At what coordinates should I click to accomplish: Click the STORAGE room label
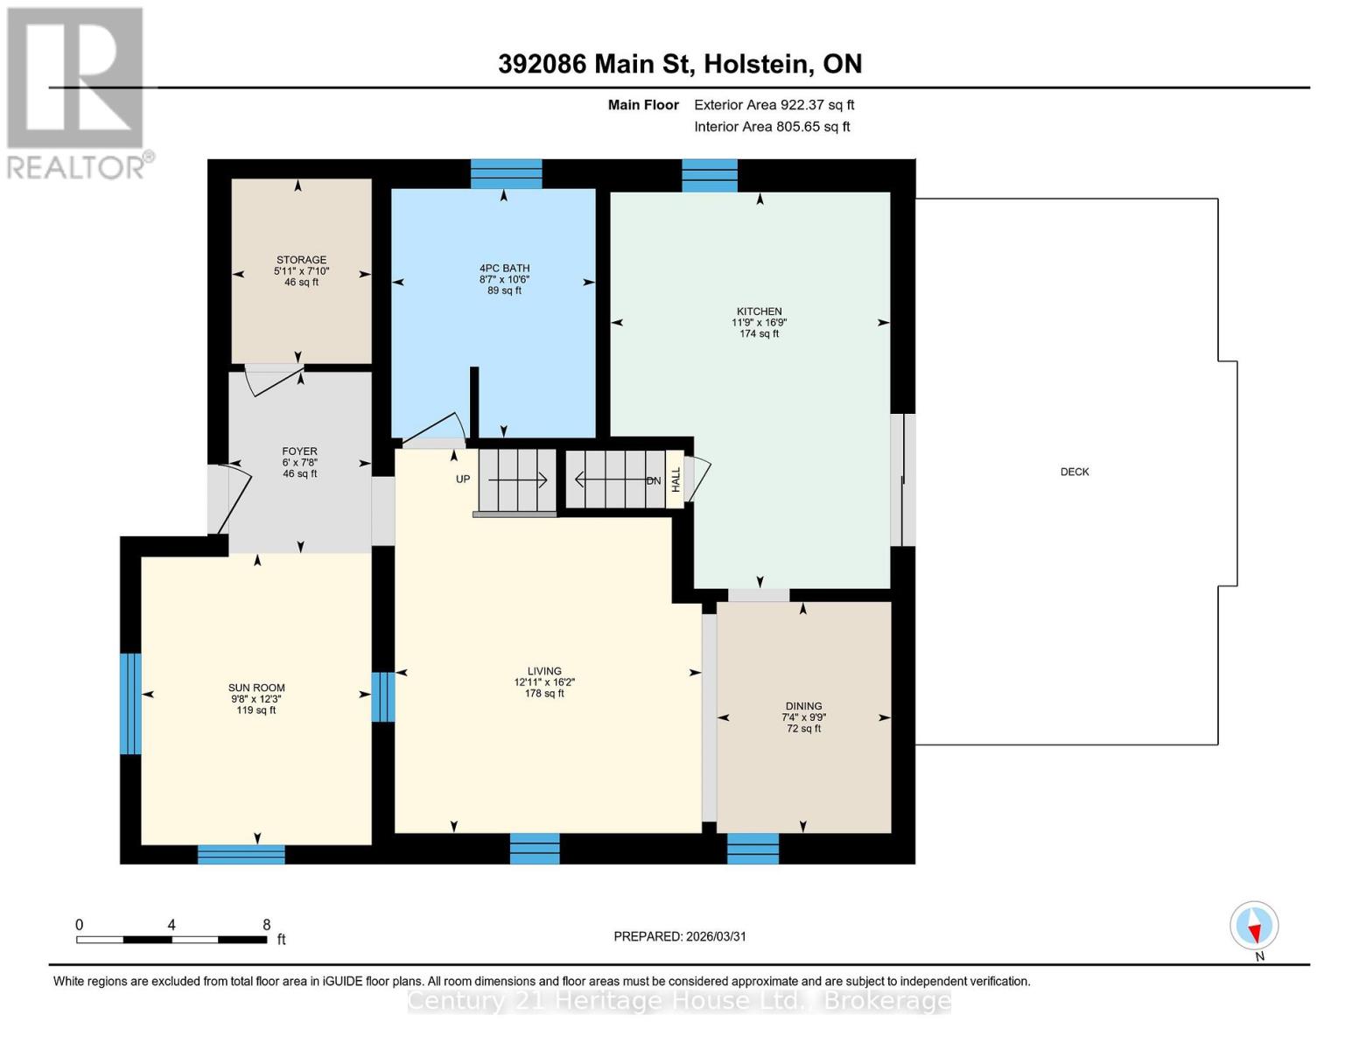(x=301, y=260)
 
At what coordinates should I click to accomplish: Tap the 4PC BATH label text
(x=504, y=269)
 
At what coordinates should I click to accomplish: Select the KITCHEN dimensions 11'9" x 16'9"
(x=759, y=323)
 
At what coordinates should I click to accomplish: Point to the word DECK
(x=1075, y=472)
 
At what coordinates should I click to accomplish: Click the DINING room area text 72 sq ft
(x=803, y=729)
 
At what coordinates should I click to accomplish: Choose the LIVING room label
(x=543, y=671)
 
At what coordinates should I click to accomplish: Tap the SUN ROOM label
(x=256, y=688)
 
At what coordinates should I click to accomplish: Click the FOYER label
(x=299, y=451)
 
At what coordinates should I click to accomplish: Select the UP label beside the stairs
(x=463, y=479)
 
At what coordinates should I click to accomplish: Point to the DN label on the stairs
(x=654, y=480)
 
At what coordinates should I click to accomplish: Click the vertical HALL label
(x=676, y=479)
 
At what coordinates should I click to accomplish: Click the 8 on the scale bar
(x=266, y=925)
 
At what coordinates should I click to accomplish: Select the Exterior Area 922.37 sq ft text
(x=774, y=105)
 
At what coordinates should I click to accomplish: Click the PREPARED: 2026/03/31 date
(x=680, y=936)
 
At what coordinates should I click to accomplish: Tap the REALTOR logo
(x=76, y=92)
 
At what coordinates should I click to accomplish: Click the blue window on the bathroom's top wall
(x=506, y=174)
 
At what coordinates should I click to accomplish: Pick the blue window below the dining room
(x=753, y=849)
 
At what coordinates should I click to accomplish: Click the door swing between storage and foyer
(x=273, y=381)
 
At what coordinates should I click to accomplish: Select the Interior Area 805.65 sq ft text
(x=772, y=127)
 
